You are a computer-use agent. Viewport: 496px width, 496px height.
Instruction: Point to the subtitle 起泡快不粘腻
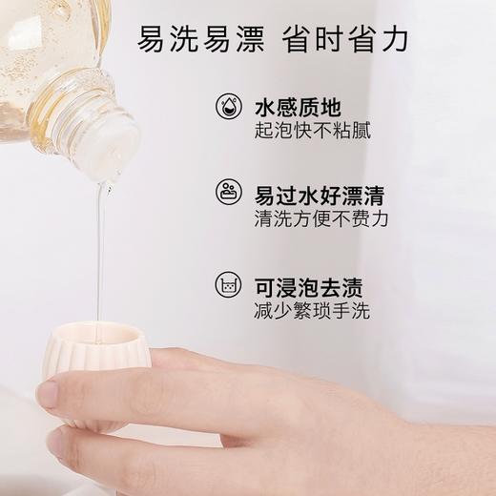[x=312, y=131]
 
